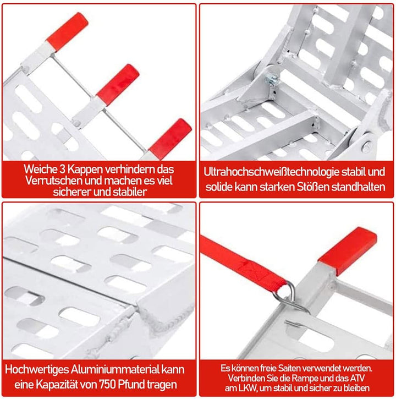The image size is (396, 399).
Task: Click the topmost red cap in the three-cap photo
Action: pyautogui.click(x=68, y=30)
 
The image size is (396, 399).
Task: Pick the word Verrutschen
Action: pyautogui.click(x=54, y=181)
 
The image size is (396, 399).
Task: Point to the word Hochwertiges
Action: pyautogui.click(x=37, y=370)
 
